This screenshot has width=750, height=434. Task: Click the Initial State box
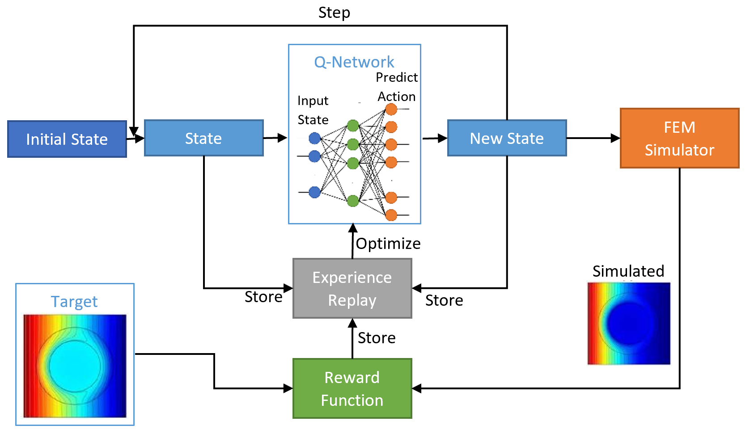(67, 139)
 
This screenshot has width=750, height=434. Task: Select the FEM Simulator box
(679, 138)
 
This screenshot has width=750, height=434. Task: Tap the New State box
(507, 138)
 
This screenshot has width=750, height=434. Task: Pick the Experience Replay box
(352, 288)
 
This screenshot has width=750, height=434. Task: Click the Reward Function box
(352, 388)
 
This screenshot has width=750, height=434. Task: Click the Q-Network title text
(354, 62)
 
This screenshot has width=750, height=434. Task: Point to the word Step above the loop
(334, 13)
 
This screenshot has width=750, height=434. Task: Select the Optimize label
(388, 244)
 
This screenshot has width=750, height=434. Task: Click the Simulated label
(628, 271)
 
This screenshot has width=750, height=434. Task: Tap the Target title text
(74, 302)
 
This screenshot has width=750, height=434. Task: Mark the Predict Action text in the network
(397, 87)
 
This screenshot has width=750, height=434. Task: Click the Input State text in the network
(313, 110)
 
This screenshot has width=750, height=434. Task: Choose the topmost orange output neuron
(391, 109)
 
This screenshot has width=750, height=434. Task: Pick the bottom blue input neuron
(314, 192)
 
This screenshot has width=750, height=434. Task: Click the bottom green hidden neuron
(353, 201)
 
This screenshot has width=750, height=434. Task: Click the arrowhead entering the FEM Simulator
(616, 138)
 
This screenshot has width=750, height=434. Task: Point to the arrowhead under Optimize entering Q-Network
(353, 228)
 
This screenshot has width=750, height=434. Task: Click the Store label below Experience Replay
(377, 338)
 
